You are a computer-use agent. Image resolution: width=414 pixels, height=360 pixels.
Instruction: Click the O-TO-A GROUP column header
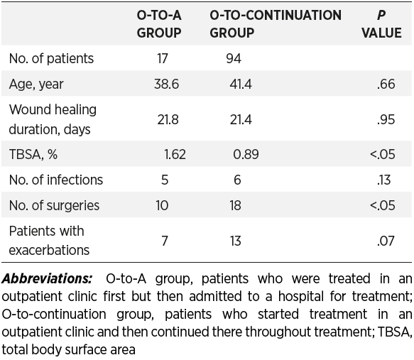pyautogui.click(x=159, y=24)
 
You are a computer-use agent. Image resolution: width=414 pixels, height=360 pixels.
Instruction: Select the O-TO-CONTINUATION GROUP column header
pyautogui.click(x=276, y=24)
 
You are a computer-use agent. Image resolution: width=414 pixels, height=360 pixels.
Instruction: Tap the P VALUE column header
pyautogui.click(x=381, y=24)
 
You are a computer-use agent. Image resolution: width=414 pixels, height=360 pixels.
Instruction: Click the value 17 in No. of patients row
pyautogui.click(x=163, y=58)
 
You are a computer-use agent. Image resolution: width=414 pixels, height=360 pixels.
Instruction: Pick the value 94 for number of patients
pyautogui.click(x=234, y=58)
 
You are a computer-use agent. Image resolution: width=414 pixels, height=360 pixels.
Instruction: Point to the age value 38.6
pyautogui.click(x=166, y=84)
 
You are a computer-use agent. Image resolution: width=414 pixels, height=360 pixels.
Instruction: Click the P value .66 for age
pyautogui.click(x=386, y=84)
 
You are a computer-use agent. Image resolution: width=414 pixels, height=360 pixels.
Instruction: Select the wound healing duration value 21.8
pyautogui.click(x=168, y=120)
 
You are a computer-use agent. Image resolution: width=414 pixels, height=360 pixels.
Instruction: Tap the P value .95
pyautogui.click(x=386, y=120)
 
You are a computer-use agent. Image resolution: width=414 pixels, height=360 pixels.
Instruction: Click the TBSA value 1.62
pyautogui.click(x=175, y=154)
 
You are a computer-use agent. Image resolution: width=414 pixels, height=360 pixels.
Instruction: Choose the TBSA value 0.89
pyautogui.click(x=246, y=154)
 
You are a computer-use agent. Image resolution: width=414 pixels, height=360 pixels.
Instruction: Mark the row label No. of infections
pyautogui.click(x=55, y=180)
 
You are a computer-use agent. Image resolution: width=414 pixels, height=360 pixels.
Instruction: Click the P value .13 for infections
pyautogui.click(x=383, y=180)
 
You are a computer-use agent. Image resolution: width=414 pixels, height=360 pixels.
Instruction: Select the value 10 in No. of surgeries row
pyautogui.click(x=162, y=206)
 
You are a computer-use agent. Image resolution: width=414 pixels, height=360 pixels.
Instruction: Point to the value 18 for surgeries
pyautogui.click(x=235, y=206)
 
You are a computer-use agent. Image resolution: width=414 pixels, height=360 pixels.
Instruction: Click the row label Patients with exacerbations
pyautogui.click(x=49, y=241)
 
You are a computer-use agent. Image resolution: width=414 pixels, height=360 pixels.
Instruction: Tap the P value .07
pyautogui.click(x=386, y=241)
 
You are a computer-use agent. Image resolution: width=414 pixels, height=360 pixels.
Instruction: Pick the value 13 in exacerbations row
pyautogui.click(x=235, y=241)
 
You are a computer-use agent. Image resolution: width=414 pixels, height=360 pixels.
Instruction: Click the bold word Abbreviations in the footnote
pyautogui.click(x=47, y=279)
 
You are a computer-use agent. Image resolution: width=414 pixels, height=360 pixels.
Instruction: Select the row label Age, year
pyautogui.click(x=36, y=84)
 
